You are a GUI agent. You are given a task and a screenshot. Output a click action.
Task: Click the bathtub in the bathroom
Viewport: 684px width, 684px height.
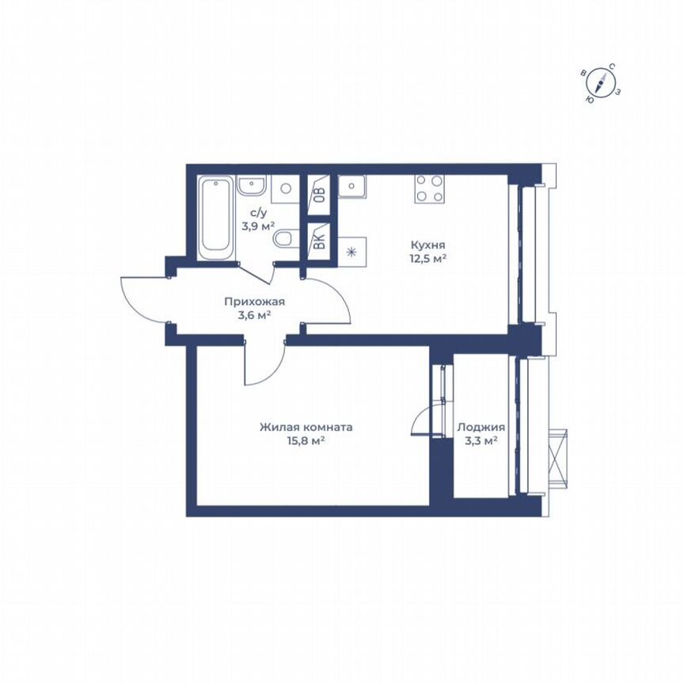(x=216, y=215)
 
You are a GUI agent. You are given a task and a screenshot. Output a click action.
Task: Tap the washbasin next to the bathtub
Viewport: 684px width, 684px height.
(x=251, y=187)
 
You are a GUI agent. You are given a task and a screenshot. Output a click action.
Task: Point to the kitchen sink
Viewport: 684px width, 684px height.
(x=351, y=187)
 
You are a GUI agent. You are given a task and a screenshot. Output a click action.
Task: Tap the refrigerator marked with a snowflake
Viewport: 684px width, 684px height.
(x=351, y=251)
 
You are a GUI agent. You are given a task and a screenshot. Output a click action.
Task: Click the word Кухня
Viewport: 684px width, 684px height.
(x=427, y=245)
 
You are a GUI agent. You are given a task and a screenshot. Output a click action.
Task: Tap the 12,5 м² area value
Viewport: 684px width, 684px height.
(x=428, y=258)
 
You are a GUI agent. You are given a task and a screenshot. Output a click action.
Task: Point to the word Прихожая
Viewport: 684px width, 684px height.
(x=254, y=302)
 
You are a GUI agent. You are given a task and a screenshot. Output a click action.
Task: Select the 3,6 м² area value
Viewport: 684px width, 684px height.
(x=254, y=314)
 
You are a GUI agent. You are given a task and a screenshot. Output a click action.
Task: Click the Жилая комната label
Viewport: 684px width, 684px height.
(x=306, y=427)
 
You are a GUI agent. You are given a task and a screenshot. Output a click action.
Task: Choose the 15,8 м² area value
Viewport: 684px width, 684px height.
(x=305, y=441)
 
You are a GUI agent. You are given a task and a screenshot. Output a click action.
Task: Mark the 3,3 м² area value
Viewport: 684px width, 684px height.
(x=481, y=441)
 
